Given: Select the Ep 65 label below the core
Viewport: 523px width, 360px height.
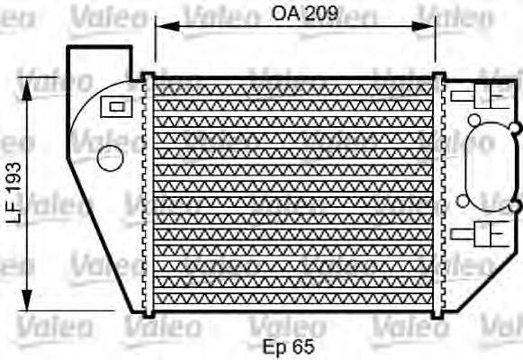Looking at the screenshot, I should point(288,345).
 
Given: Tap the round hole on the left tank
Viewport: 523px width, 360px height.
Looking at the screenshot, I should point(109,158).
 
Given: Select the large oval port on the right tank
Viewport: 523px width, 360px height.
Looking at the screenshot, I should point(488,167).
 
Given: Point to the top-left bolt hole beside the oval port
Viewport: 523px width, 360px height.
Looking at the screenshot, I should point(473,120).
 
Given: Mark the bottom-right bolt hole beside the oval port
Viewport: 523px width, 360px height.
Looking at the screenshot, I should point(513,207).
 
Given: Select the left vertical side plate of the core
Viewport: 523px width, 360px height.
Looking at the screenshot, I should point(148,193).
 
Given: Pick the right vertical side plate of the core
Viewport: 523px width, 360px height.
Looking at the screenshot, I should point(438,193).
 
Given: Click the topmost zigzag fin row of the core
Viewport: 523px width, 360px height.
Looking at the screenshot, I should point(293,88).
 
